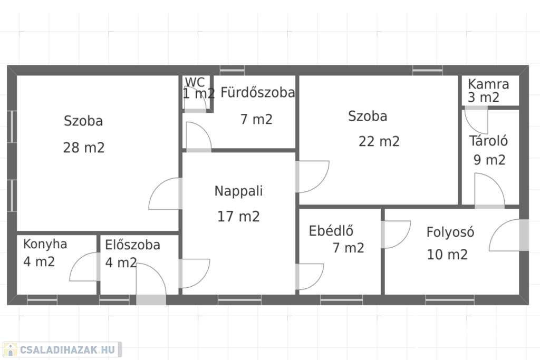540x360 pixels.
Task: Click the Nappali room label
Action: [x=238, y=191]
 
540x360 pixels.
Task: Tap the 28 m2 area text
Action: [x=84, y=148]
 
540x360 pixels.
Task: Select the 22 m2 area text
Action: [x=379, y=141]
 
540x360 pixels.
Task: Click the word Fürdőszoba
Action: [x=257, y=93]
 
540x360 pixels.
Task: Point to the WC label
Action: [x=195, y=82]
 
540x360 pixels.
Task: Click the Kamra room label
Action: [x=488, y=84]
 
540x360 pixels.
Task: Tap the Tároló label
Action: [x=488, y=141]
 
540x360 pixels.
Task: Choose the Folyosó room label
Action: [x=450, y=232]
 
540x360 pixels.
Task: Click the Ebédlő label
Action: [x=331, y=231]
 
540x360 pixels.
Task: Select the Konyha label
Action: [x=45, y=244]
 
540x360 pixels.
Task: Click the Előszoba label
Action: [x=132, y=245]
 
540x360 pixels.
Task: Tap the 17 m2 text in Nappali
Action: [x=238, y=217]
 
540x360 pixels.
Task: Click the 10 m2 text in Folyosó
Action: [x=447, y=255]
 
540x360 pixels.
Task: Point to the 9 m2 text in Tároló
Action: [x=489, y=160]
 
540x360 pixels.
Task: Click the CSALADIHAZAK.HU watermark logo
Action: [x=62, y=349]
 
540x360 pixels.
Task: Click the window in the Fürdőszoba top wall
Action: [x=232, y=70]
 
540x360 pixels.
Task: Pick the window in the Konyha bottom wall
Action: [x=42, y=300]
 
